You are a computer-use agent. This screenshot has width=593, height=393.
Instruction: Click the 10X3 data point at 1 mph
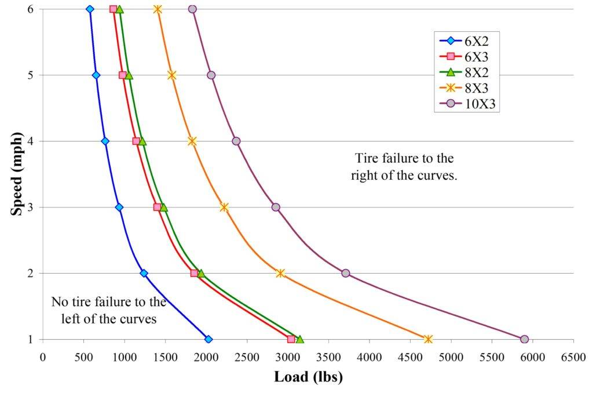pos(524,339)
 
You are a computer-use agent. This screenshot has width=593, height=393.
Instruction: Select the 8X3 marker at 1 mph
pos(428,339)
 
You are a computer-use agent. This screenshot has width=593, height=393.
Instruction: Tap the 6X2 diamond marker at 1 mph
pos(208,339)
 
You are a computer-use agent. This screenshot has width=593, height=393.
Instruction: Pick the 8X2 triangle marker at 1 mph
pos(299,339)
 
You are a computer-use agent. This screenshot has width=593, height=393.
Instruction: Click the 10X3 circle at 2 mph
pos(346,273)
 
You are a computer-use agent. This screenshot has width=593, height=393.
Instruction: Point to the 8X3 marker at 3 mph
pos(224,207)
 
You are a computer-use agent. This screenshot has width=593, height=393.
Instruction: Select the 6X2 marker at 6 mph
pos(89,9)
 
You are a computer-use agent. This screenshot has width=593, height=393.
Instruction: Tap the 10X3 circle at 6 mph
pos(192,9)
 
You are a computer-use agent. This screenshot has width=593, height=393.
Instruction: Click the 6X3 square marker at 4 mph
pos(136,141)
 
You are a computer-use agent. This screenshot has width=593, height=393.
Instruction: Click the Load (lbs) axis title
pos(308,377)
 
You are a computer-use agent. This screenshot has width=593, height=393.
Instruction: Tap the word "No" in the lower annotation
pos(58,302)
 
